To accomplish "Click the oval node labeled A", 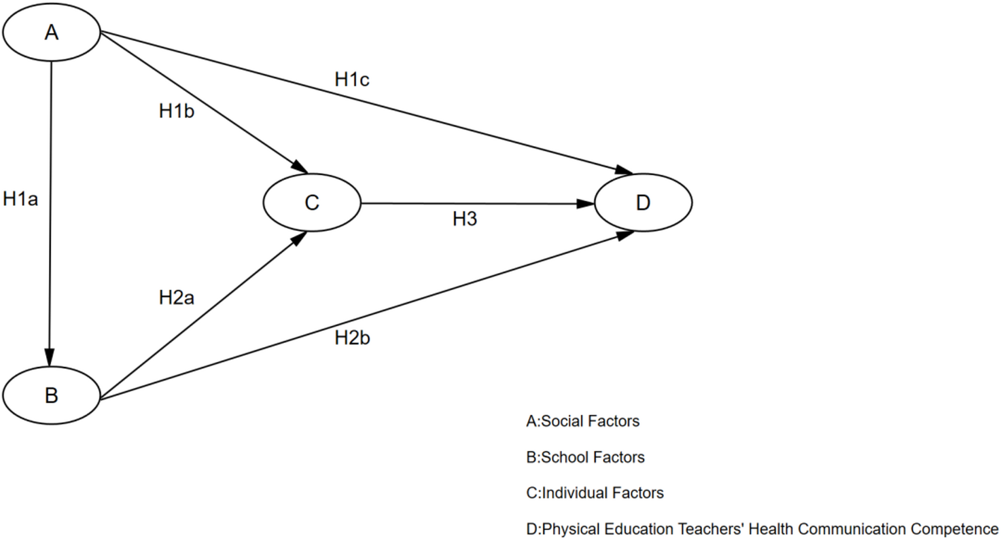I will [x=51, y=33].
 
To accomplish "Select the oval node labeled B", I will [x=51, y=395].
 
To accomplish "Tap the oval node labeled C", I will [x=312, y=202].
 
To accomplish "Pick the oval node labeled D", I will [x=643, y=202].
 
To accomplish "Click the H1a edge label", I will [x=21, y=198].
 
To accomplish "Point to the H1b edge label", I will [x=177, y=111].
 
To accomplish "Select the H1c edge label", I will [x=352, y=79].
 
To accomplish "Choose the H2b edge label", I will [x=352, y=338].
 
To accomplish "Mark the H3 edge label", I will [x=466, y=219].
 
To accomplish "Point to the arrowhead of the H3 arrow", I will [x=586, y=203].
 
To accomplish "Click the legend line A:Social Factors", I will [x=582, y=421].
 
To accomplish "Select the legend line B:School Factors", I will [x=585, y=457].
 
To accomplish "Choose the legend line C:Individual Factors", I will [x=595, y=493].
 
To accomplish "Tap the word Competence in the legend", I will [x=957, y=528].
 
